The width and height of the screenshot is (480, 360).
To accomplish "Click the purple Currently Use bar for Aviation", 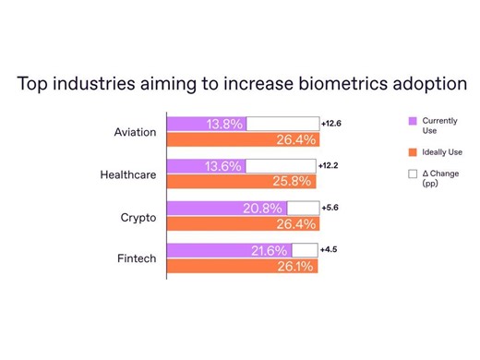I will pos(206,124).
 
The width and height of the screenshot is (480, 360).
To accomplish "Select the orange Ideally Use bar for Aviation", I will pos(242,140).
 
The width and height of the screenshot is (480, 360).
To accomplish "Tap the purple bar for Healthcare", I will pos(205,166).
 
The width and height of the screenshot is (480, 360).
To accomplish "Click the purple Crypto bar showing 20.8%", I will pos(226,208).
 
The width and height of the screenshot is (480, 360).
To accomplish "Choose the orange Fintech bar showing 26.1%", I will pos(241,266).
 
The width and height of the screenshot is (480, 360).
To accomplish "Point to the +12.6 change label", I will pos(332,123).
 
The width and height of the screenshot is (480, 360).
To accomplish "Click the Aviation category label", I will pos(135,132).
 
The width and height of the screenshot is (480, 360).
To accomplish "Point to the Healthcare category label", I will pos(127,174).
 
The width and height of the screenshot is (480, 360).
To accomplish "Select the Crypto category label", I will pos(138,217).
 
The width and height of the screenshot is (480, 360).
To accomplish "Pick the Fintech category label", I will pos(137,258).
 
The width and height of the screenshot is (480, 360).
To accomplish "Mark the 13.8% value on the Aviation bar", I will pos(224,124).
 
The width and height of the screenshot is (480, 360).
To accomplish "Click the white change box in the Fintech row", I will pos(305,250).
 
